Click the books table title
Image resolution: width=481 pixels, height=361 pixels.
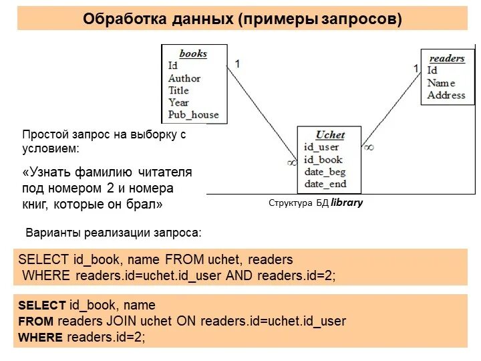[193, 53]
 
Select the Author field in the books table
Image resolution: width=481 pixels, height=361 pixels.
[184, 78]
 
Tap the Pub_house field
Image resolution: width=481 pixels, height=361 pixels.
[193, 114]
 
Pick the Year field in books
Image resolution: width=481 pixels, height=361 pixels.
[178, 102]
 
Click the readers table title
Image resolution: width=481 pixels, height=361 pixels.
[446, 58]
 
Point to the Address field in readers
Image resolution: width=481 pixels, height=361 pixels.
[446, 95]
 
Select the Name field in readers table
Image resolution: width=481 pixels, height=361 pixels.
[441, 83]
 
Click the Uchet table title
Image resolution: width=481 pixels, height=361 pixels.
[330, 134]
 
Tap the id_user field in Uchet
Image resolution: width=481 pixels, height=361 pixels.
[321, 147]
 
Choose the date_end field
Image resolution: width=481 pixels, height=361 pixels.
[325, 184]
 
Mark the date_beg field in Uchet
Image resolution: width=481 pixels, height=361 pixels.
[325, 172]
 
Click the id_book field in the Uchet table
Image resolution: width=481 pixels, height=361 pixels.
[323, 159]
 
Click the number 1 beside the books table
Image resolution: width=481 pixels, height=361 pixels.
[237, 64]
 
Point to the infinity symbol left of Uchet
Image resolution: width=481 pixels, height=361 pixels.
[291, 161]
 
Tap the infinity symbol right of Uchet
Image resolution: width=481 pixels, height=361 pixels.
[369, 146]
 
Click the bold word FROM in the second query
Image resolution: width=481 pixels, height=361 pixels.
[31, 321]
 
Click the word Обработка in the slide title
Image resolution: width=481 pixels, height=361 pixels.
[119, 19]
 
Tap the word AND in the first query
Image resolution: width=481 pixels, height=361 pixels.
[240, 275]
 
